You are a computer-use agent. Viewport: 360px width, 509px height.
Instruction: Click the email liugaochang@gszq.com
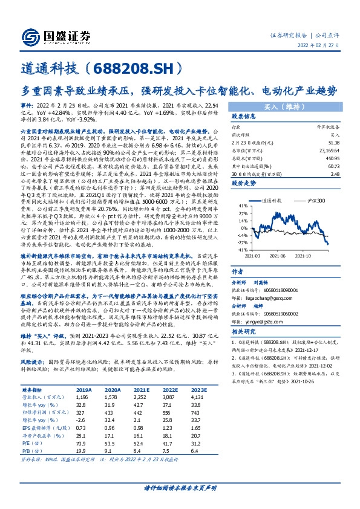pyautogui.click(x=261, y=297)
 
